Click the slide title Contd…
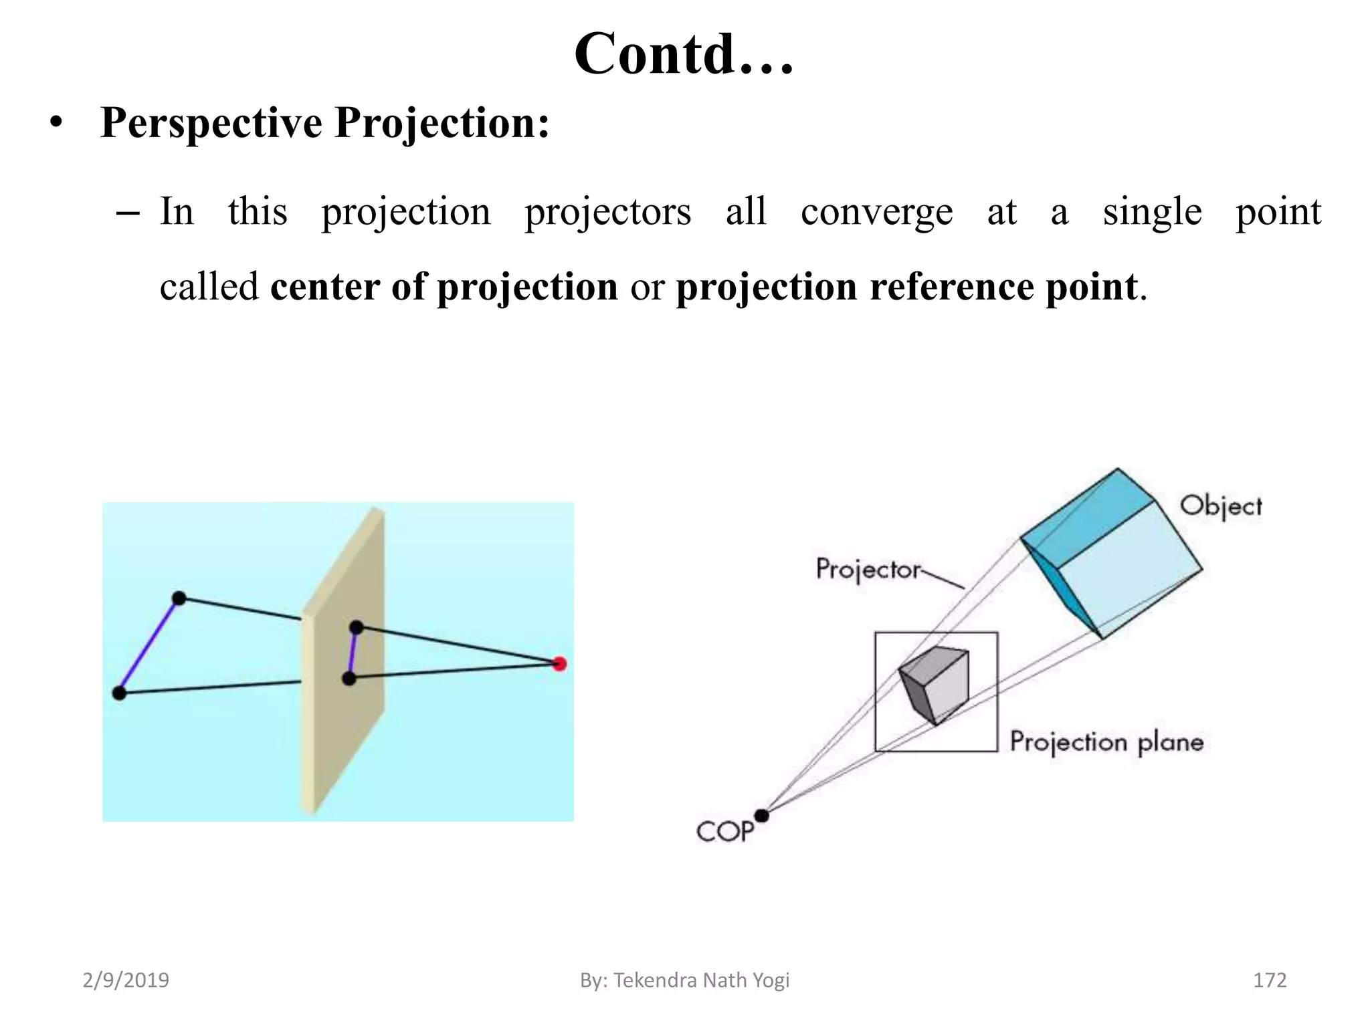(684, 55)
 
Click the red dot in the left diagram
(560, 664)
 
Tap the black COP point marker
(761, 816)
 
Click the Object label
(1220, 506)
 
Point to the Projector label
(868, 570)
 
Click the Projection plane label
(1106, 742)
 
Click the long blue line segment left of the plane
(149, 646)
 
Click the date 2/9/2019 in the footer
(126, 980)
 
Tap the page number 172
(1269, 980)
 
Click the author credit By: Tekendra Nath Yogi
(684, 980)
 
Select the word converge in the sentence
(876, 213)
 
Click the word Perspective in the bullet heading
(211, 123)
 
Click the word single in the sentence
(1152, 213)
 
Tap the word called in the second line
(209, 287)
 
